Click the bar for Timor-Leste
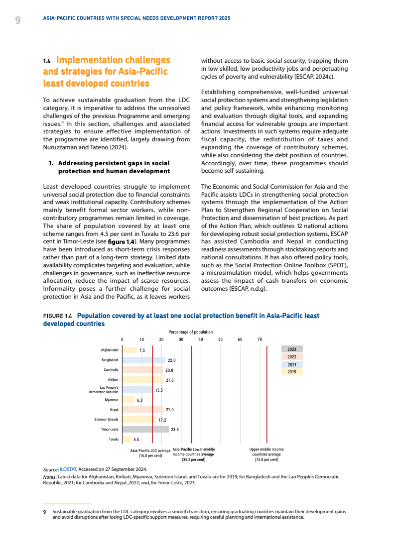[x=145, y=429]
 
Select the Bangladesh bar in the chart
[x=143, y=360]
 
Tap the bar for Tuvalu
[x=127, y=439]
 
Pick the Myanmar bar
[x=129, y=400]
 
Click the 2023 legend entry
[x=292, y=349]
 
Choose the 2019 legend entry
[x=292, y=371]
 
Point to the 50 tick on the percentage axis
[x=220, y=339]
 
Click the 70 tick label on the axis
[x=260, y=339]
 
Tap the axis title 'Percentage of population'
[x=190, y=332]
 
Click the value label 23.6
[x=175, y=430]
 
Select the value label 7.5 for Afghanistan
[x=142, y=350]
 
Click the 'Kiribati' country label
[x=113, y=380]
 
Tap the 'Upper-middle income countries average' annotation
[x=266, y=454]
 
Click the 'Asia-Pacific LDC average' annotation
[x=150, y=453]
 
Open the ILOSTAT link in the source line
[x=68, y=469]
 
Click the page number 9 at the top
[x=17, y=20]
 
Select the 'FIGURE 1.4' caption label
[x=57, y=316]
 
